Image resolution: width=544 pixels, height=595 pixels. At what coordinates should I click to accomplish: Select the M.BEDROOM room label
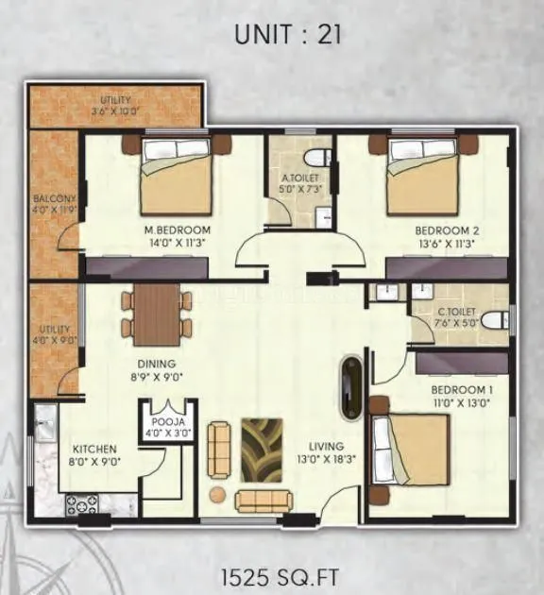(x=177, y=230)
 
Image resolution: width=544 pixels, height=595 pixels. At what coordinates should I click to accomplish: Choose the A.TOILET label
(x=299, y=178)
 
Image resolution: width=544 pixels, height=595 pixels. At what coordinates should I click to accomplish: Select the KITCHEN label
(x=96, y=450)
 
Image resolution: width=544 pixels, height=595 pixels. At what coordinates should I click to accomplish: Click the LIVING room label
(x=324, y=446)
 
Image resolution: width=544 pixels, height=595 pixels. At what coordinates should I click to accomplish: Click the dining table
(x=157, y=314)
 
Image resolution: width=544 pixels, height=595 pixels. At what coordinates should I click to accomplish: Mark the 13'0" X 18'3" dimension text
(x=325, y=461)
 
